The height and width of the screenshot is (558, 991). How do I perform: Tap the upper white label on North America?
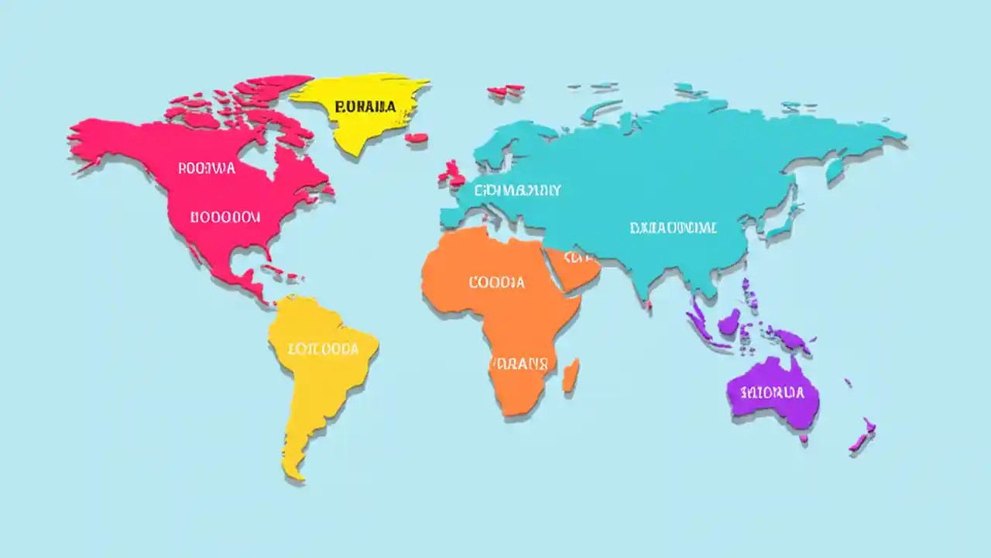(x=207, y=167)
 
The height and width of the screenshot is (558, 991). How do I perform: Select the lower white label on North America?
(x=225, y=217)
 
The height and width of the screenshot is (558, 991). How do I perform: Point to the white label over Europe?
(x=518, y=189)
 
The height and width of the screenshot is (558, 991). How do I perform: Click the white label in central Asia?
(x=673, y=228)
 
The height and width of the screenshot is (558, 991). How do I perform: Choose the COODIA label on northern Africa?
(x=496, y=282)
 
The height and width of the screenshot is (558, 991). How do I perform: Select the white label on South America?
(x=323, y=349)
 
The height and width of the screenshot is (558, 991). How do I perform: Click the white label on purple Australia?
(x=772, y=392)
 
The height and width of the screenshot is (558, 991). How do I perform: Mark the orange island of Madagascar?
(x=571, y=374)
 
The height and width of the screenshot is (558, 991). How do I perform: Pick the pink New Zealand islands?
(x=862, y=437)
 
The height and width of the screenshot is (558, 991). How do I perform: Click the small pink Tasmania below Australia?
(x=804, y=439)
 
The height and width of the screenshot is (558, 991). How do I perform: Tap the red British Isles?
(x=450, y=174)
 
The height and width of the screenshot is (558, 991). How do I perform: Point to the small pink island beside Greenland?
(x=417, y=138)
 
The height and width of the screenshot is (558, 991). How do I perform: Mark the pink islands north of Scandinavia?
(x=506, y=91)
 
